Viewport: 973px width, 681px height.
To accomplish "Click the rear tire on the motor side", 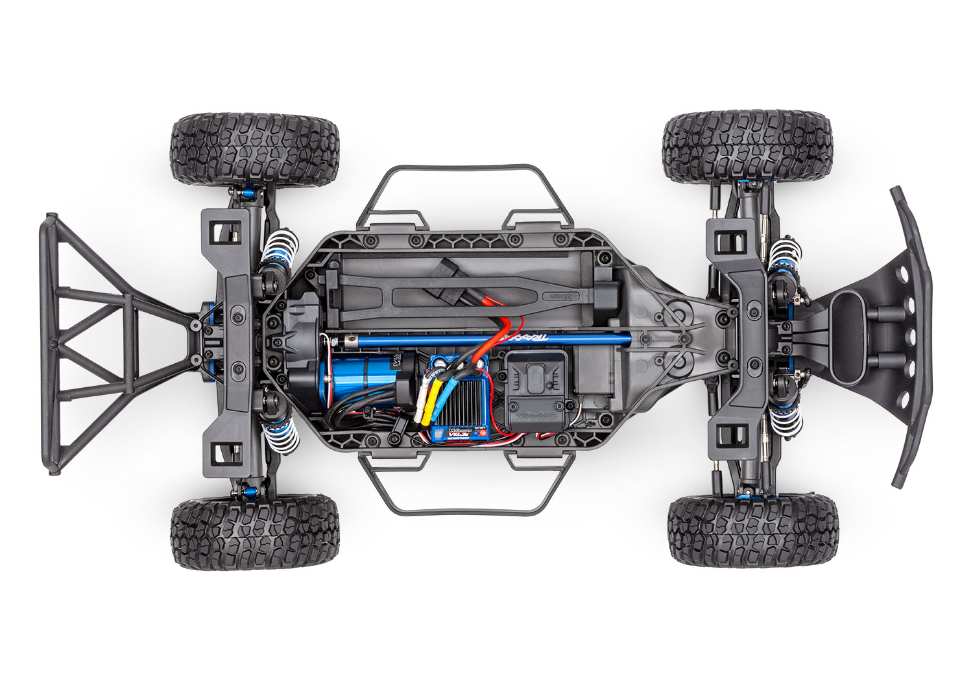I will click(254, 533).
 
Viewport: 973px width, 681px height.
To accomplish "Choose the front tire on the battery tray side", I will click(747, 147).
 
